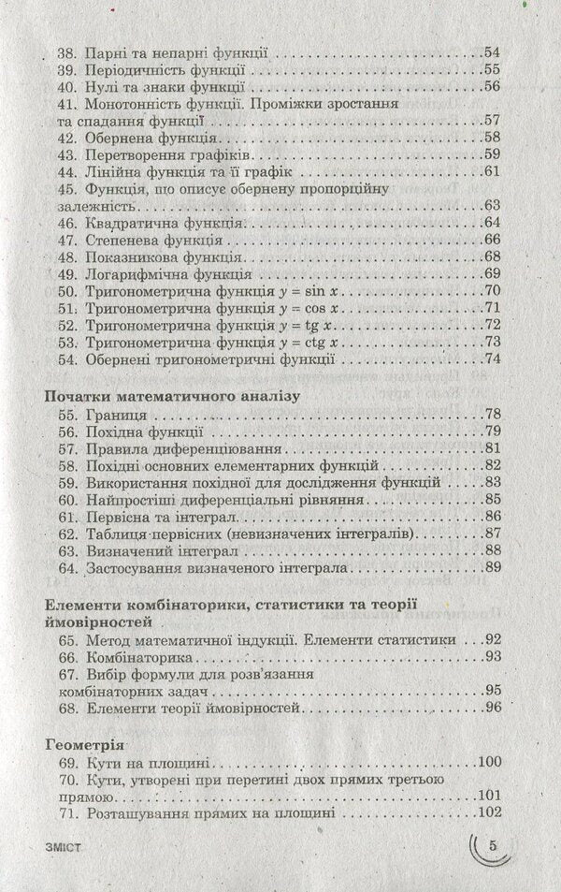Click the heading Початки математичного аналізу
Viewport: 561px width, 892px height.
click(172, 396)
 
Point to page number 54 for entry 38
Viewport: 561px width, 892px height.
click(492, 52)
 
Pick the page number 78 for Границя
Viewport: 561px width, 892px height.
click(492, 416)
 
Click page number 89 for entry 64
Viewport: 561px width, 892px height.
click(492, 567)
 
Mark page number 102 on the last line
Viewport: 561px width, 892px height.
click(488, 814)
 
